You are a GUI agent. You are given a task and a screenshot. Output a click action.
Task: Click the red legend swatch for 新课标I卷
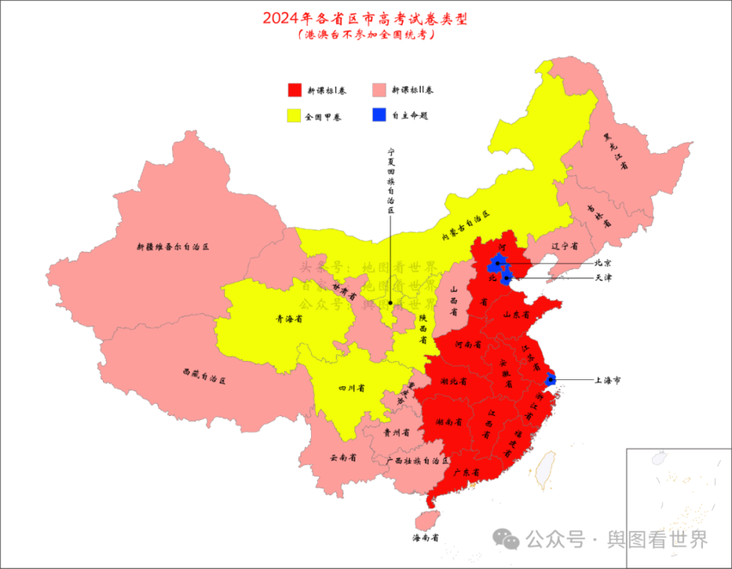294,90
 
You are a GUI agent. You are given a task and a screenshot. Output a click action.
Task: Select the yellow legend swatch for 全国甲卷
294,116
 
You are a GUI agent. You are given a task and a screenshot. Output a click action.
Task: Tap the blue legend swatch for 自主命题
380,116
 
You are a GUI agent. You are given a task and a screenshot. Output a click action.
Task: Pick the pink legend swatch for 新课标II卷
380,90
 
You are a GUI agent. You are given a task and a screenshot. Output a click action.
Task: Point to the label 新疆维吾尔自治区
172,247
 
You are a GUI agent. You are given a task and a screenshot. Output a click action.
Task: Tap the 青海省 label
289,320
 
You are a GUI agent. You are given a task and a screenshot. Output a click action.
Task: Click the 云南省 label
343,458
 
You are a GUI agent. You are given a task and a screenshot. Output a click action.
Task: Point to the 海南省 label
425,538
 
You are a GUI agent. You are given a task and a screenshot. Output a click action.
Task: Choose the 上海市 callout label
608,379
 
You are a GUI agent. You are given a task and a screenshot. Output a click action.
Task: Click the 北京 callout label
603,263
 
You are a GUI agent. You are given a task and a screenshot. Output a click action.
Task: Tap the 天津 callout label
603,278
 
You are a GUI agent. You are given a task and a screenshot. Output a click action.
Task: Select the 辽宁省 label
564,247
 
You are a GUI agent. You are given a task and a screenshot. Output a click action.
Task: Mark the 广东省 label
466,473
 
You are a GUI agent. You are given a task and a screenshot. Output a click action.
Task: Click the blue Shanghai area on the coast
551,378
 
